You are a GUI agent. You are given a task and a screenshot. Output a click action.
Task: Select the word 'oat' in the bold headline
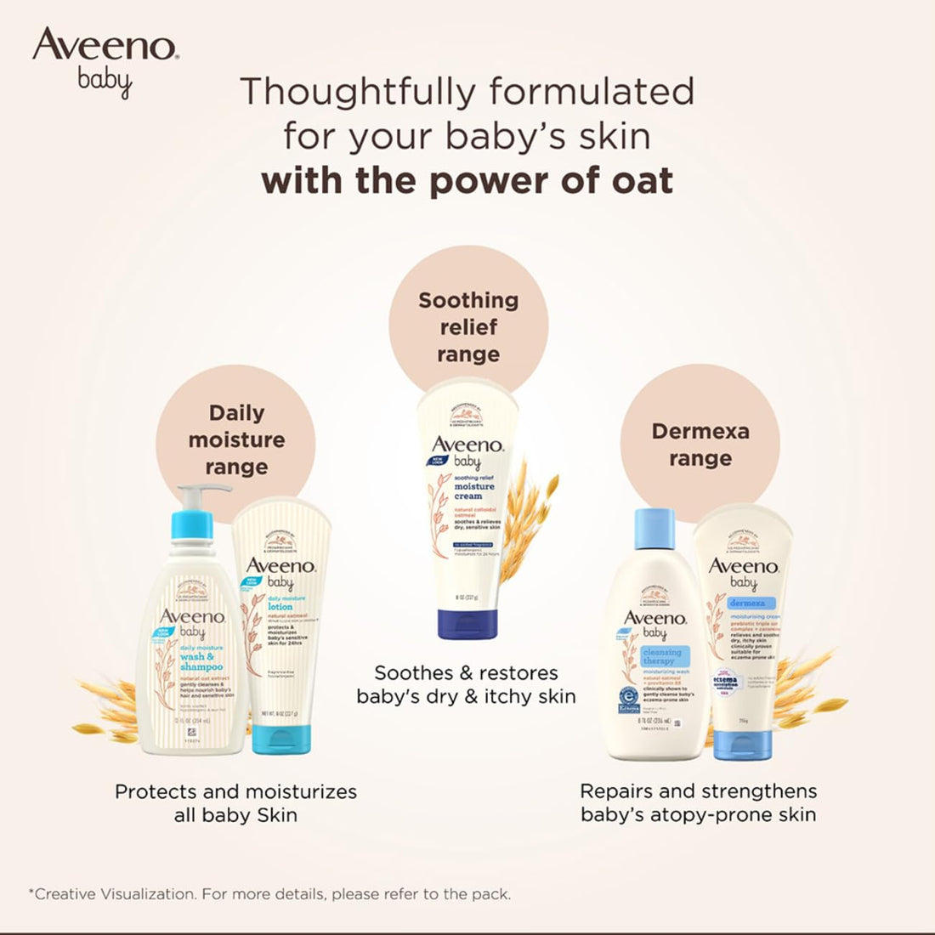tap(637, 181)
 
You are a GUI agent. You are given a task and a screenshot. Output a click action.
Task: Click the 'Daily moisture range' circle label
tap(236, 439)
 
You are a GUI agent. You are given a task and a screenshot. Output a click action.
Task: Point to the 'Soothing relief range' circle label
tap(468, 327)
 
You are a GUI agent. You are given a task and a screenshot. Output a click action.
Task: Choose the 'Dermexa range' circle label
tap(700, 445)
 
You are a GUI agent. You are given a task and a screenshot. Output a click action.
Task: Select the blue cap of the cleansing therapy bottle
tap(654, 528)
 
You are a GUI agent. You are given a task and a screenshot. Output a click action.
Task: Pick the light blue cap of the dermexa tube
tap(742, 745)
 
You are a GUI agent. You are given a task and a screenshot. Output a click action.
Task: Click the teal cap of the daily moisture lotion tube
tap(281, 739)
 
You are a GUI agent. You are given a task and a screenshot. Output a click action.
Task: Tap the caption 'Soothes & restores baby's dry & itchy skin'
tap(467, 685)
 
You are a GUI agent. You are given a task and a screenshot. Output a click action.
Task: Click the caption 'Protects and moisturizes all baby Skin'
tap(235, 803)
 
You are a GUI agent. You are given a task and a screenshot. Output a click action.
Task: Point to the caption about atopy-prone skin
tap(698, 803)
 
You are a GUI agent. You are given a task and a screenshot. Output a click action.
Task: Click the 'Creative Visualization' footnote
tap(269, 893)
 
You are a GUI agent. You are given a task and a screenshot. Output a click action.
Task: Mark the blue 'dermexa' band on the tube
tap(747, 603)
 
